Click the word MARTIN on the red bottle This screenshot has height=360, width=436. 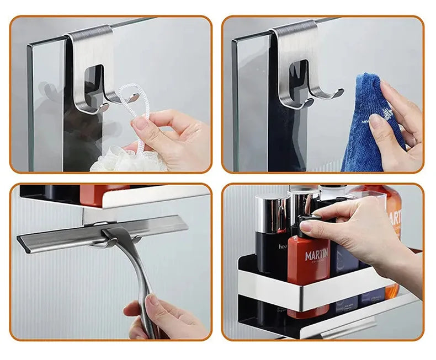316,255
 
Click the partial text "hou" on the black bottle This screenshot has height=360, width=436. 283,247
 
